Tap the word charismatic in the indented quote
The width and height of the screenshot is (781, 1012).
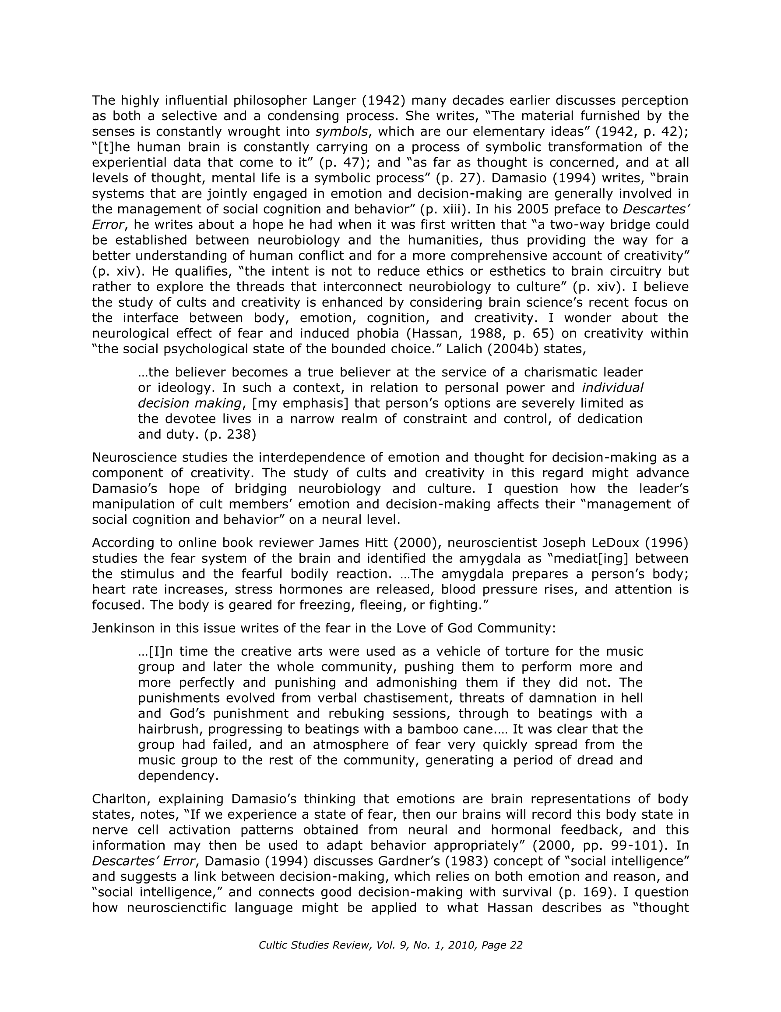(x=560, y=373)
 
